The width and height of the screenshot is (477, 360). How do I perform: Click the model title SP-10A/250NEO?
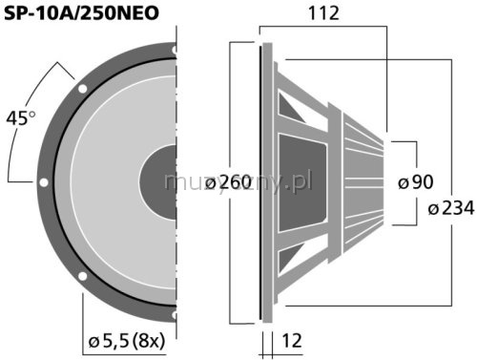pyautogui.click(x=81, y=13)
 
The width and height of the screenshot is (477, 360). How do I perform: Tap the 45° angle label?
pyautogui.click(x=21, y=118)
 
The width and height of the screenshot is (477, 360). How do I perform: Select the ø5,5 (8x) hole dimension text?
pyautogui.click(x=127, y=341)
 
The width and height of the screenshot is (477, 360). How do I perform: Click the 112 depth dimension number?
pyautogui.click(x=323, y=13)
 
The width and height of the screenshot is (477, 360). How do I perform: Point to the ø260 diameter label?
pyautogui.click(x=229, y=182)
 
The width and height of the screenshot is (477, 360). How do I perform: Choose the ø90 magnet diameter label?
pyautogui.click(x=416, y=182)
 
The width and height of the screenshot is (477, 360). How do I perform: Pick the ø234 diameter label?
pyautogui.click(x=451, y=209)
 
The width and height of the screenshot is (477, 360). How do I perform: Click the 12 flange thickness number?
pyautogui.click(x=292, y=341)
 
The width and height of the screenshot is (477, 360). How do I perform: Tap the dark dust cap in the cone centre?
pyautogui.click(x=158, y=182)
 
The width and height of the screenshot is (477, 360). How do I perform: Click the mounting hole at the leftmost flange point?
pyautogui.click(x=44, y=182)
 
